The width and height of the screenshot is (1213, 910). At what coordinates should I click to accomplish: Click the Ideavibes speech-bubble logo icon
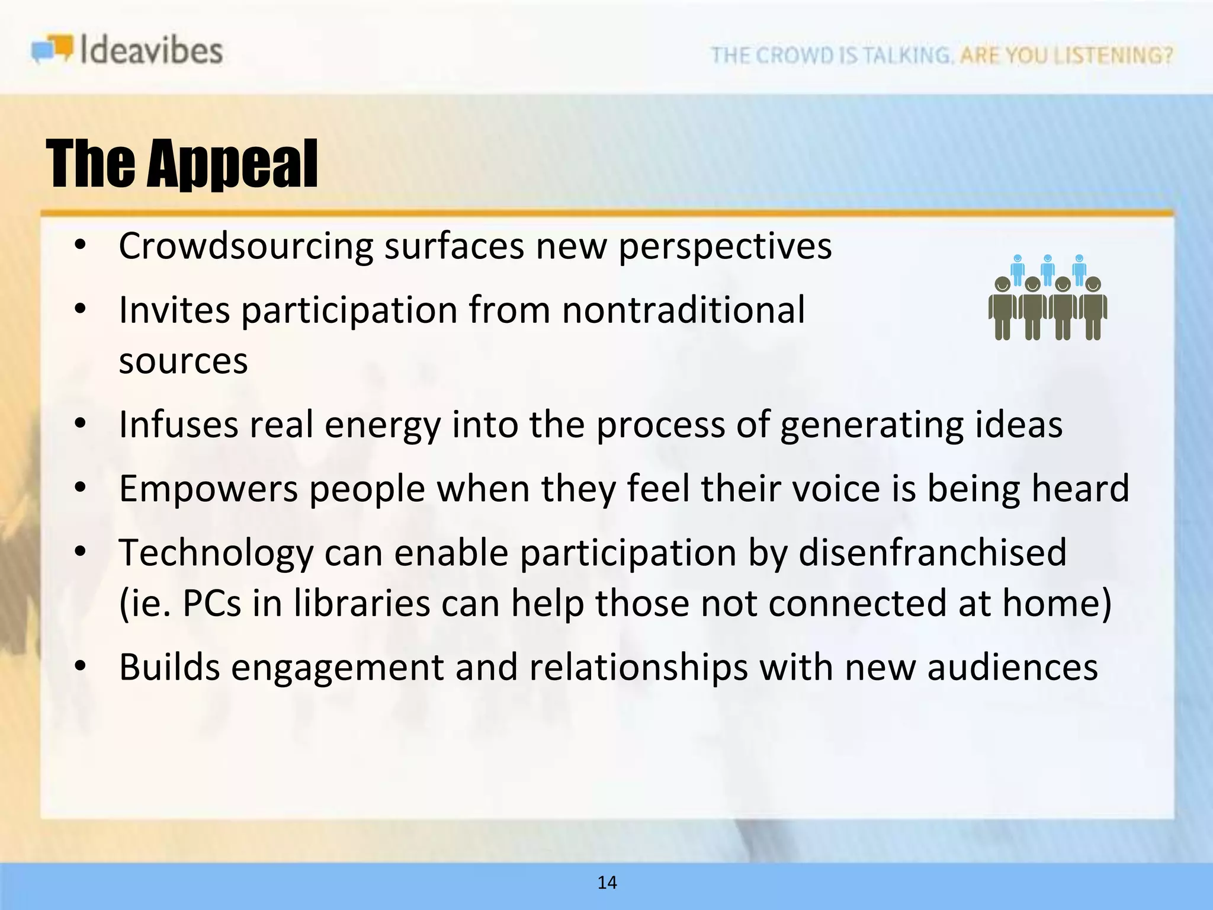pos(52,49)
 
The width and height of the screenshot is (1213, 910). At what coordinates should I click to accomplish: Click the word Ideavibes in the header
pos(151,50)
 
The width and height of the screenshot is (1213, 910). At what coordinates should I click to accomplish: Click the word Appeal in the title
pos(232,164)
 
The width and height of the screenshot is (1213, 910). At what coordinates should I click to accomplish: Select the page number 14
pos(607,883)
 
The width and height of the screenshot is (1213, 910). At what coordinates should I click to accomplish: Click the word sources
pos(183,361)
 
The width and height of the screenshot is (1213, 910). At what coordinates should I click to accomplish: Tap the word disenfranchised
pos(932,552)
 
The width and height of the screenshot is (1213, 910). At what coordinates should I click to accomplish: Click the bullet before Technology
pos(81,552)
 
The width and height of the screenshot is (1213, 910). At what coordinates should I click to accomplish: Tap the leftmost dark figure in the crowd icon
pos(1002,308)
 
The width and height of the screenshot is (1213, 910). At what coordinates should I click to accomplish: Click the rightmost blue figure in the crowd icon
pos(1079,270)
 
